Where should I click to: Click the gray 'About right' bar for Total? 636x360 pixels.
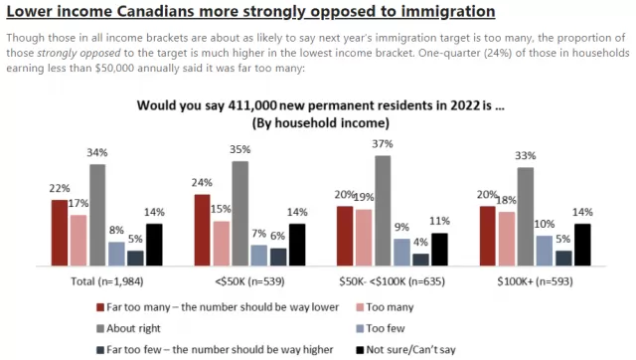(x=97, y=215)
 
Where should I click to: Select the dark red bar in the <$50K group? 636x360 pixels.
(x=203, y=230)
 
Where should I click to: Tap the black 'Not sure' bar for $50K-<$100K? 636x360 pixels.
(x=439, y=250)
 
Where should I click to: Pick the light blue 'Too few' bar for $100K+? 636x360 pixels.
(x=545, y=251)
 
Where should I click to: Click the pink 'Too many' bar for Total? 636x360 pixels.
(x=79, y=241)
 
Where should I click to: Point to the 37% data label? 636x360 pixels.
(x=383, y=143)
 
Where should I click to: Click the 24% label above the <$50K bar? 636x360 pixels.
(x=202, y=183)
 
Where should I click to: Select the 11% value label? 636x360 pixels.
(x=439, y=221)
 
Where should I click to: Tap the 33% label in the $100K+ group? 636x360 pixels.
(x=526, y=155)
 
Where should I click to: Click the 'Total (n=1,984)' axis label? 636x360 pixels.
(x=107, y=281)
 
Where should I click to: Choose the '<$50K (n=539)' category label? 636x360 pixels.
(x=249, y=281)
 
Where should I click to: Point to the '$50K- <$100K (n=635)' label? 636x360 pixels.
(x=393, y=281)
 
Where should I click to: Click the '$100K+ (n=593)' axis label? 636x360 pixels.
(x=535, y=281)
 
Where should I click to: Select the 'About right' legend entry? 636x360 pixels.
(x=128, y=328)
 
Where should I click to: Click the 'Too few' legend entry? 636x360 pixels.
(x=381, y=328)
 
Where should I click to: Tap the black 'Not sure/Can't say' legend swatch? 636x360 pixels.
(x=360, y=350)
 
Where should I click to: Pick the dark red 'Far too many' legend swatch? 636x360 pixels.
(x=100, y=307)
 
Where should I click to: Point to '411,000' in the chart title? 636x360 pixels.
(x=252, y=105)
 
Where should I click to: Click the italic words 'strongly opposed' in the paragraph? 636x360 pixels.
(x=79, y=53)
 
